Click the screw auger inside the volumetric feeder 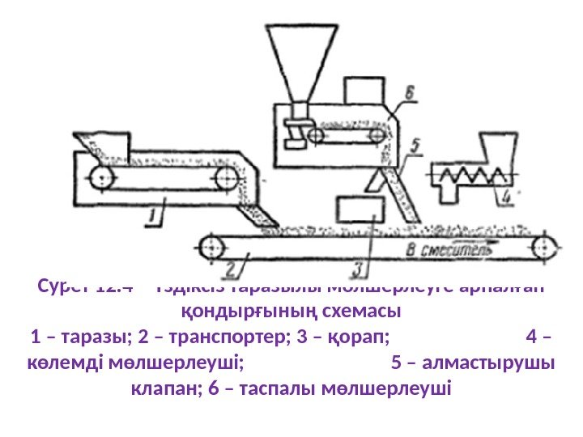point(466,173)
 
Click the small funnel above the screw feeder point(494,150)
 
